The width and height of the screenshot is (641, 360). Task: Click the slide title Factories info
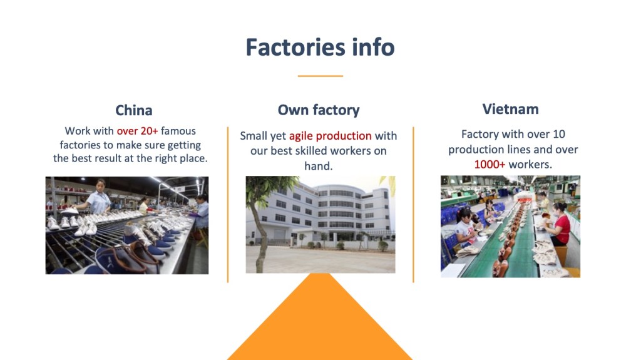[320, 48]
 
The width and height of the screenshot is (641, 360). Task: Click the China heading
[133, 111]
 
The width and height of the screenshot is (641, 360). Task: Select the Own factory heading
[319, 111]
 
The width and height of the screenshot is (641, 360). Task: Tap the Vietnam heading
[510, 109]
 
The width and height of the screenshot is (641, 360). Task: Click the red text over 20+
[138, 131]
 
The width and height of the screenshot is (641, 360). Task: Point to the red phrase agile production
[330, 136]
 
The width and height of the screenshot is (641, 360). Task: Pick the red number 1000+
[490, 165]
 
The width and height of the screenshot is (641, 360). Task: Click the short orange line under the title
[320, 76]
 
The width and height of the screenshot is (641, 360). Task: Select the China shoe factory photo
[127, 225]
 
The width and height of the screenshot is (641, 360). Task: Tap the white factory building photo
[320, 224]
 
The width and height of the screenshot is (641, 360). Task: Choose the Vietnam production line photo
[510, 227]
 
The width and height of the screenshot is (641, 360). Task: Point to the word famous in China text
[178, 131]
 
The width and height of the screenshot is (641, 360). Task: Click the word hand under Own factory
[318, 166]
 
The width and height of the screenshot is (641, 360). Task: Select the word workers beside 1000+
[530, 165]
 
